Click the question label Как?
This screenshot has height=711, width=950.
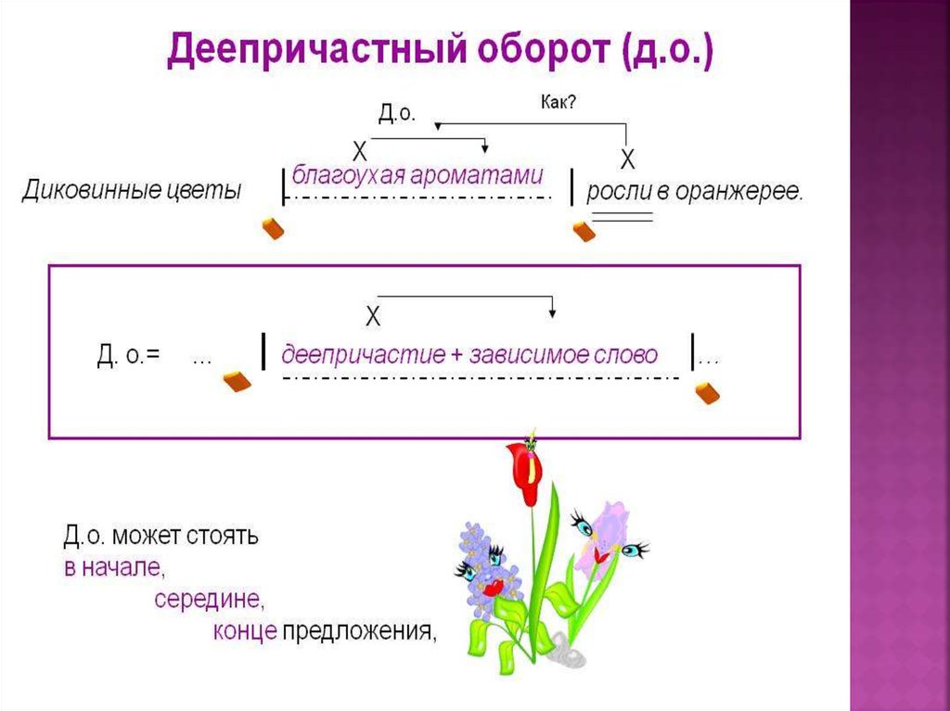558,101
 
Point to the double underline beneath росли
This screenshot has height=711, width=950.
623,218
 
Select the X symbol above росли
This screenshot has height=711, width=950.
627,159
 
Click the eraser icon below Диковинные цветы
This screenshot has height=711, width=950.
273,229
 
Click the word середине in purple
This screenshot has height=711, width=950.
210,599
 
